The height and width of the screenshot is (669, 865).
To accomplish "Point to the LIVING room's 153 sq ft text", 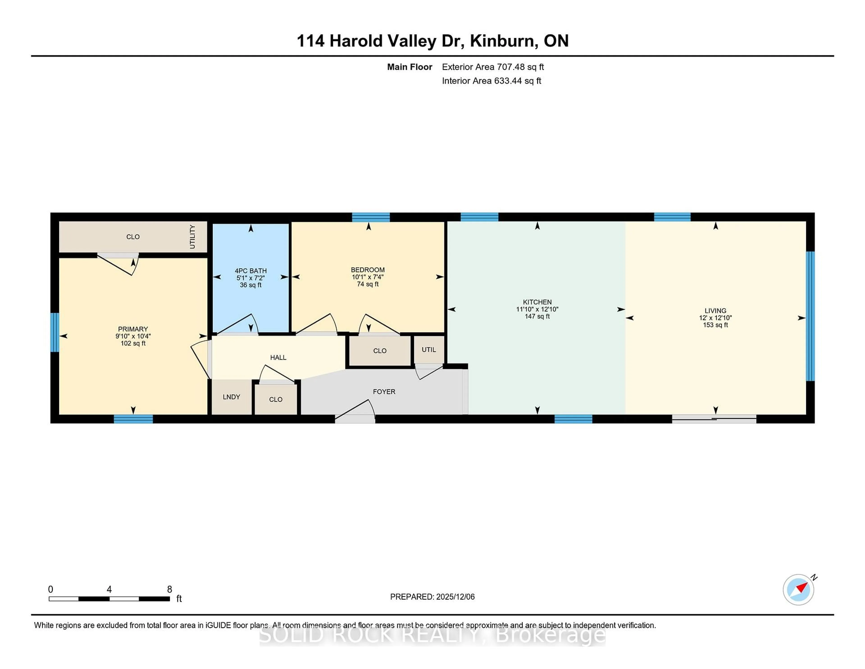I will (715, 325).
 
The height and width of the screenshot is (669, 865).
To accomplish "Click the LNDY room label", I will (231, 397).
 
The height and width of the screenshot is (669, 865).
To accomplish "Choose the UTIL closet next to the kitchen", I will (428, 350).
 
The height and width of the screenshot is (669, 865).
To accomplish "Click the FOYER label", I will (384, 392).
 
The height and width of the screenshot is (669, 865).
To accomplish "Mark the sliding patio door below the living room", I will (714, 419).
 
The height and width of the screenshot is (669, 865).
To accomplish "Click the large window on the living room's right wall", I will (810, 316).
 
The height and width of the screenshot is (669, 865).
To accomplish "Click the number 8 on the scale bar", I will (170, 589).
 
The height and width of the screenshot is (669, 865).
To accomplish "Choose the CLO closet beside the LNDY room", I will (276, 399).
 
